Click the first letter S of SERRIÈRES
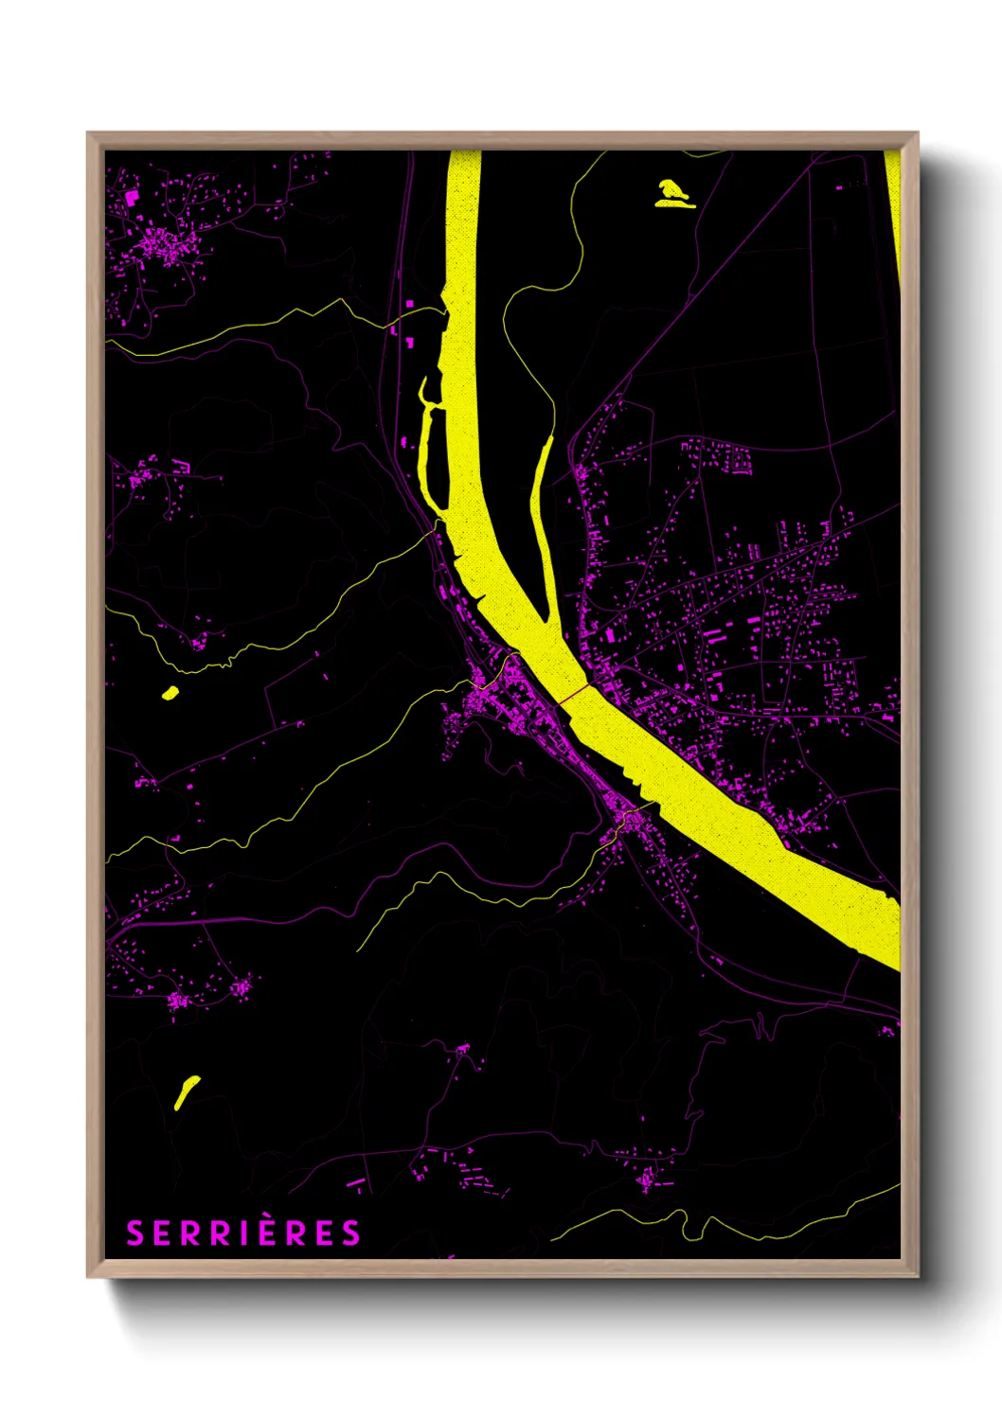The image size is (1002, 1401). point(134,1233)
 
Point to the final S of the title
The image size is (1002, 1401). point(351,1233)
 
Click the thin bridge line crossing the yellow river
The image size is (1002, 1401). point(574,695)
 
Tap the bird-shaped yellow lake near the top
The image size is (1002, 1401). point(673,193)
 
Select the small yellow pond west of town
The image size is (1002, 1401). point(170,693)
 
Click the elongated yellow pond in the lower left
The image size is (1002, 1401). point(187,1091)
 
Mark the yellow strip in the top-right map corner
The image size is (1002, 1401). point(893,208)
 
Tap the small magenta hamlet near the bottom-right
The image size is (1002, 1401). point(647,1179)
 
